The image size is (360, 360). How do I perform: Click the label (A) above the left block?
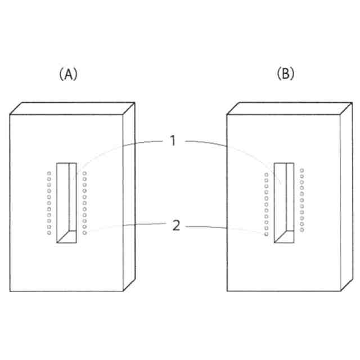[x=67, y=74]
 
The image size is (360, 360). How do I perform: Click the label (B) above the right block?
[x=285, y=74]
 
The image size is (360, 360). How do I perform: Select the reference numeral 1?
[x=174, y=141]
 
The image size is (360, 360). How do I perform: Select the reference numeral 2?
[x=176, y=226]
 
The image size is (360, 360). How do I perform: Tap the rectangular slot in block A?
[x=66, y=202]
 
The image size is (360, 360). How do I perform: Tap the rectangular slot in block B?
[x=283, y=202]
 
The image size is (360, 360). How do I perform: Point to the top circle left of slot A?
[x=49, y=174]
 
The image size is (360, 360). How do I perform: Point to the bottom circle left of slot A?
[x=49, y=232]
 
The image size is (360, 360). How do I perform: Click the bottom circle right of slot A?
[x=85, y=232]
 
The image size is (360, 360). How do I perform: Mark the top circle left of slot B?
[x=267, y=174]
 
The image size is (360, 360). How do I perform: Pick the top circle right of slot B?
[x=302, y=170]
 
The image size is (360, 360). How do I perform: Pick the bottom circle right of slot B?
[x=302, y=229]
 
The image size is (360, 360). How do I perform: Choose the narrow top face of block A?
[x=73, y=108]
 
